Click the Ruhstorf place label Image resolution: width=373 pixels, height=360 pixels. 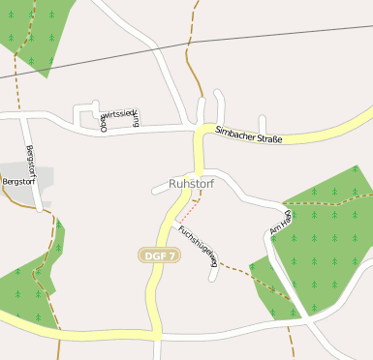pyautogui.click(x=191, y=183)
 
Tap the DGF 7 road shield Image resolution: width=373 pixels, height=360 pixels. pyautogui.click(x=159, y=255)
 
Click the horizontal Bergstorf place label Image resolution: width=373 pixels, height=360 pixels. pyautogui.click(x=19, y=181)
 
